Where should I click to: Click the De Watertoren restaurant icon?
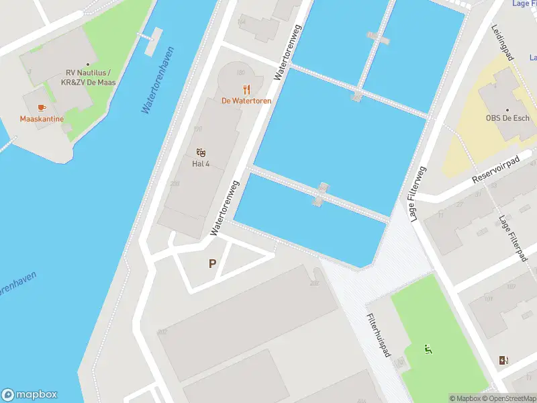(x=246, y=89)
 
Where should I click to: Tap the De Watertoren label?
(x=246, y=101)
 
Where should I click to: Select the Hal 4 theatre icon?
(x=201, y=152)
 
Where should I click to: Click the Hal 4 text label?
(x=201, y=164)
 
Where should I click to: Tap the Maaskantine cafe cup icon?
(x=42, y=107)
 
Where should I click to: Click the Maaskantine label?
(x=42, y=119)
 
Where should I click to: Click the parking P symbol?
(x=212, y=264)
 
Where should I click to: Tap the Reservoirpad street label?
(x=496, y=171)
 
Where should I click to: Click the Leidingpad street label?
(x=502, y=42)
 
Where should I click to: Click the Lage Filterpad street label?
(x=511, y=239)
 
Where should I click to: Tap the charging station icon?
(x=504, y=361)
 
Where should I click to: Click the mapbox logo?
(x=30, y=395)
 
